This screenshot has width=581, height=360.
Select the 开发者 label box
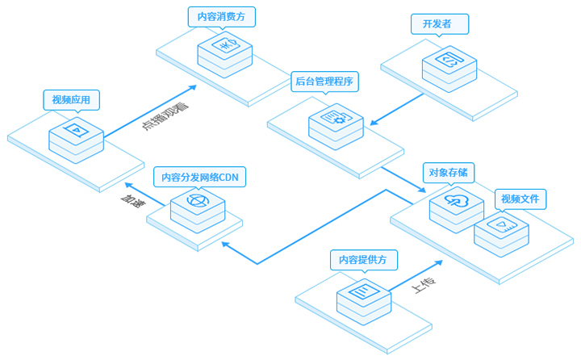click(x=440, y=24)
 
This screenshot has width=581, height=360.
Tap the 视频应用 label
click(x=71, y=100)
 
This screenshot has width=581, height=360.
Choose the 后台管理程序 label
click(x=324, y=81)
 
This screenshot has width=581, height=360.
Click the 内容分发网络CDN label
click(x=199, y=177)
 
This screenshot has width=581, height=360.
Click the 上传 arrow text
click(x=424, y=283)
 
